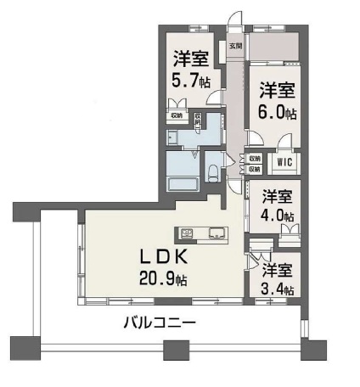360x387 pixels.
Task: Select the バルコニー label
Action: coord(160,322)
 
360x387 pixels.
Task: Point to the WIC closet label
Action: coord(284,160)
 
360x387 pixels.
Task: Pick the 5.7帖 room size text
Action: coord(191,81)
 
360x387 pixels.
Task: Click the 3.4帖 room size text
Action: coord(278,289)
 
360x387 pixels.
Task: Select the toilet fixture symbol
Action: coord(215,173)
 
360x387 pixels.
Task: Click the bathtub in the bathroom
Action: coord(183,183)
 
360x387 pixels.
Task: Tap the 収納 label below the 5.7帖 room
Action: coord(177,116)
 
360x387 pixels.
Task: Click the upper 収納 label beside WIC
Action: coord(255,158)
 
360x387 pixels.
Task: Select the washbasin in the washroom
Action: coord(172,139)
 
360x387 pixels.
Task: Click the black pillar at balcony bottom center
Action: coord(177,348)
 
